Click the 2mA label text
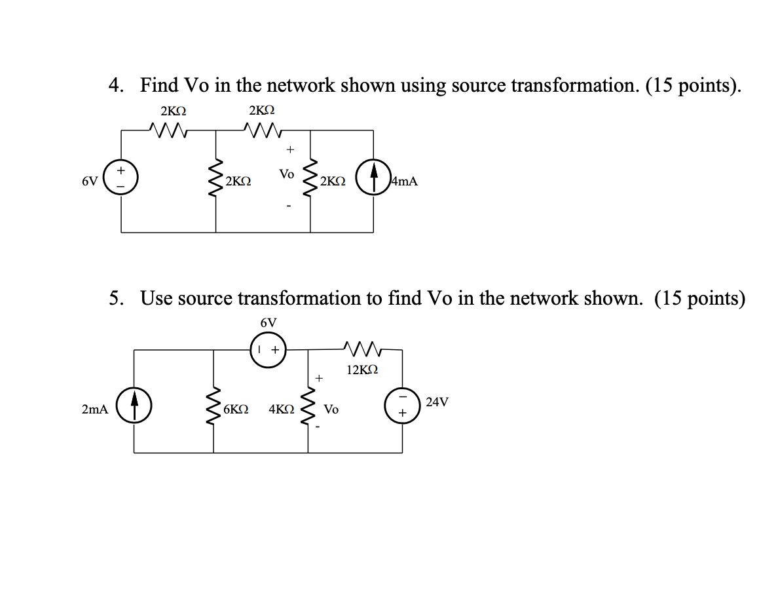[95, 409]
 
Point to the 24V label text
[437, 402]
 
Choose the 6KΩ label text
[235, 409]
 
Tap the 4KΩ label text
[282, 409]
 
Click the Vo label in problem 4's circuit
[286, 174]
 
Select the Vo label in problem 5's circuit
[331, 410]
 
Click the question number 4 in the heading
[116, 86]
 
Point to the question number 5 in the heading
[116, 299]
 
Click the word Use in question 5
[157, 299]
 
